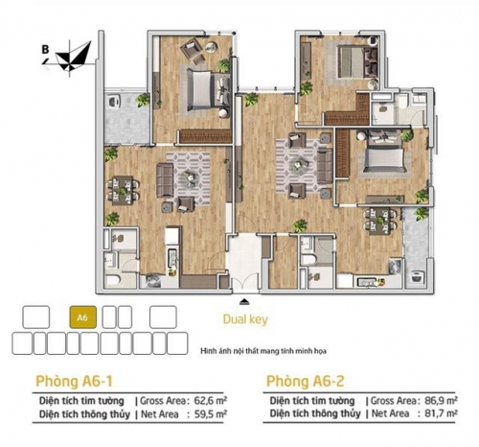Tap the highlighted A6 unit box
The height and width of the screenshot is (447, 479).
82,316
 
